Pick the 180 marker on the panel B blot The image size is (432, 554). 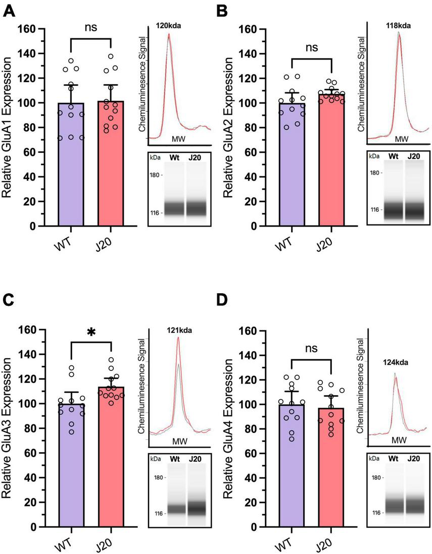tap(375, 173)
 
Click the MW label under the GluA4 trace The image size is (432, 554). tap(399, 440)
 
